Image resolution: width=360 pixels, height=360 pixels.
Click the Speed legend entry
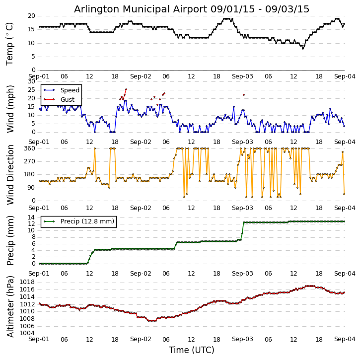[x=70, y=90]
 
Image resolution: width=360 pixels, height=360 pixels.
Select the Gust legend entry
[x=68, y=99]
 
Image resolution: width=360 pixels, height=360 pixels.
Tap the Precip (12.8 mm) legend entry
[x=87, y=221]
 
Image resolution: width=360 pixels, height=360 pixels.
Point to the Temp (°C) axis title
[x=10, y=43]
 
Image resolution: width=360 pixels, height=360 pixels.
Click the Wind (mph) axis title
[x=10, y=107]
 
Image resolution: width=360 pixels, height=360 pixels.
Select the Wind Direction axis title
[x=10, y=174]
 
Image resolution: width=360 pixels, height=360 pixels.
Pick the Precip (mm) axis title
[x=10, y=240]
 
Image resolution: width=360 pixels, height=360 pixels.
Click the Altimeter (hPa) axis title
[x=10, y=306]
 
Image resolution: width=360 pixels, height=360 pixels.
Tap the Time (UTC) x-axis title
[x=192, y=350]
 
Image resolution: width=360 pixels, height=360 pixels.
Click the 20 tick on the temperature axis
[x=31, y=16]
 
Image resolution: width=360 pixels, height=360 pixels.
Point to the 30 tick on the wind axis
[x=31, y=81]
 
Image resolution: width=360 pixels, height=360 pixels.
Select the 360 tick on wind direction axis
[x=29, y=148]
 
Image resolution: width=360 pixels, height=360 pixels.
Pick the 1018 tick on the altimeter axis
[x=27, y=282]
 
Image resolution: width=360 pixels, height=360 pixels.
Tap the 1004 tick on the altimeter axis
[x=27, y=333]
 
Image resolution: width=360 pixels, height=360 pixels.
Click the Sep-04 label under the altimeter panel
[x=344, y=339]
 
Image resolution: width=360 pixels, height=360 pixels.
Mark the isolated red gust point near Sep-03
[x=243, y=95]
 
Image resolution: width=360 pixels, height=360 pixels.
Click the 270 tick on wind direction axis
[x=29, y=161]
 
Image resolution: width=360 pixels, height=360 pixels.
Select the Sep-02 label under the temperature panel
[x=141, y=77]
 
